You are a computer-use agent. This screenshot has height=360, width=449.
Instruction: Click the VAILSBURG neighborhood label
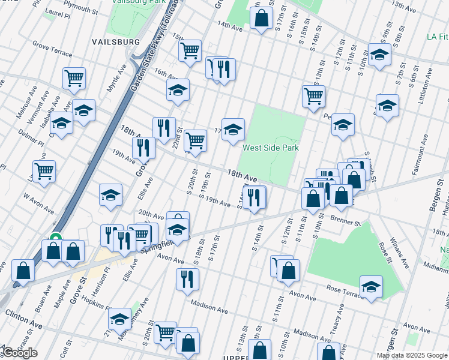tap(116, 42)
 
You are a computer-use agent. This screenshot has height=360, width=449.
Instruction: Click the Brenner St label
tap(344, 221)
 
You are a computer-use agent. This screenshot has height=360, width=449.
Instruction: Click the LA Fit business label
tap(438, 37)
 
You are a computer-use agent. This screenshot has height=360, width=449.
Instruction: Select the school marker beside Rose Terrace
tap(371, 286)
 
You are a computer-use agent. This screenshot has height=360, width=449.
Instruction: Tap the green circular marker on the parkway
tap(56, 239)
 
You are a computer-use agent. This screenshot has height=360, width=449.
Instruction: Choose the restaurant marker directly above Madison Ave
tap(187, 279)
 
